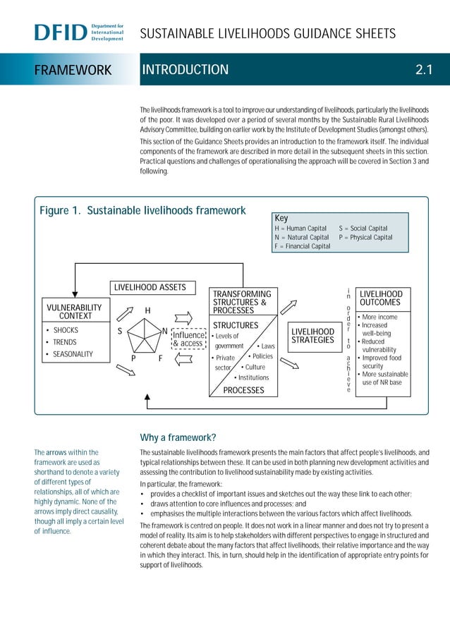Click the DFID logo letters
(x=60, y=32)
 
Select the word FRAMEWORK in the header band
(x=74, y=70)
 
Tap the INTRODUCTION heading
(x=186, y=69)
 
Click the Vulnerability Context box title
(x=74, y=312)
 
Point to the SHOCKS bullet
(x=66, y=330)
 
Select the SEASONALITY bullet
(x=73, y=354)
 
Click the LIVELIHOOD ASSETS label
(x=150, y=287)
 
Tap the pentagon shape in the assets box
(x=146, y=336)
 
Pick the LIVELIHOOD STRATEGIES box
(x=313, y=336)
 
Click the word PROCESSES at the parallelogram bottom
(x=243, y=390)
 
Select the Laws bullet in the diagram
(x=267, y=346)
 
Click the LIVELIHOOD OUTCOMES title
(x=381, y=298)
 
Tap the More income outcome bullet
(x=378, y=317)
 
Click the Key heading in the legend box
(x=281, y=219)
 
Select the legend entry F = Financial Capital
(x=302, y=246)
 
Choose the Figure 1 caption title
(x=142, y=210)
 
